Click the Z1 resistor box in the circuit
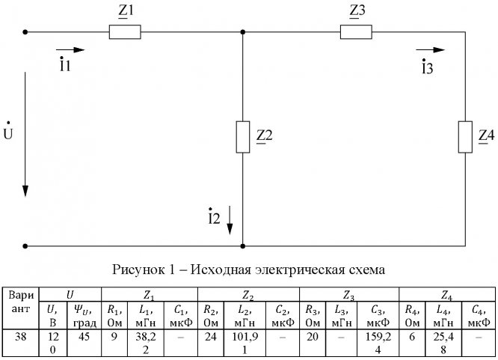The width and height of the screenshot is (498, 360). (x=125, y=32)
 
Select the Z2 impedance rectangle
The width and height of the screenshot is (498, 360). (x=242, y=135)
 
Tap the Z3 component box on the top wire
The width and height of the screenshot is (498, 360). (x=356, y=32)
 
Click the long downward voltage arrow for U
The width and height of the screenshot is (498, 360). (x=25, y=135)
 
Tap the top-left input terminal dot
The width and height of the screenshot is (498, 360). (x=25, y=32)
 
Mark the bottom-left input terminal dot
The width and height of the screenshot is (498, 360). (x=25, y=245)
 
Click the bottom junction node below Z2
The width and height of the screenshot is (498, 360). (x=242, y=245)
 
